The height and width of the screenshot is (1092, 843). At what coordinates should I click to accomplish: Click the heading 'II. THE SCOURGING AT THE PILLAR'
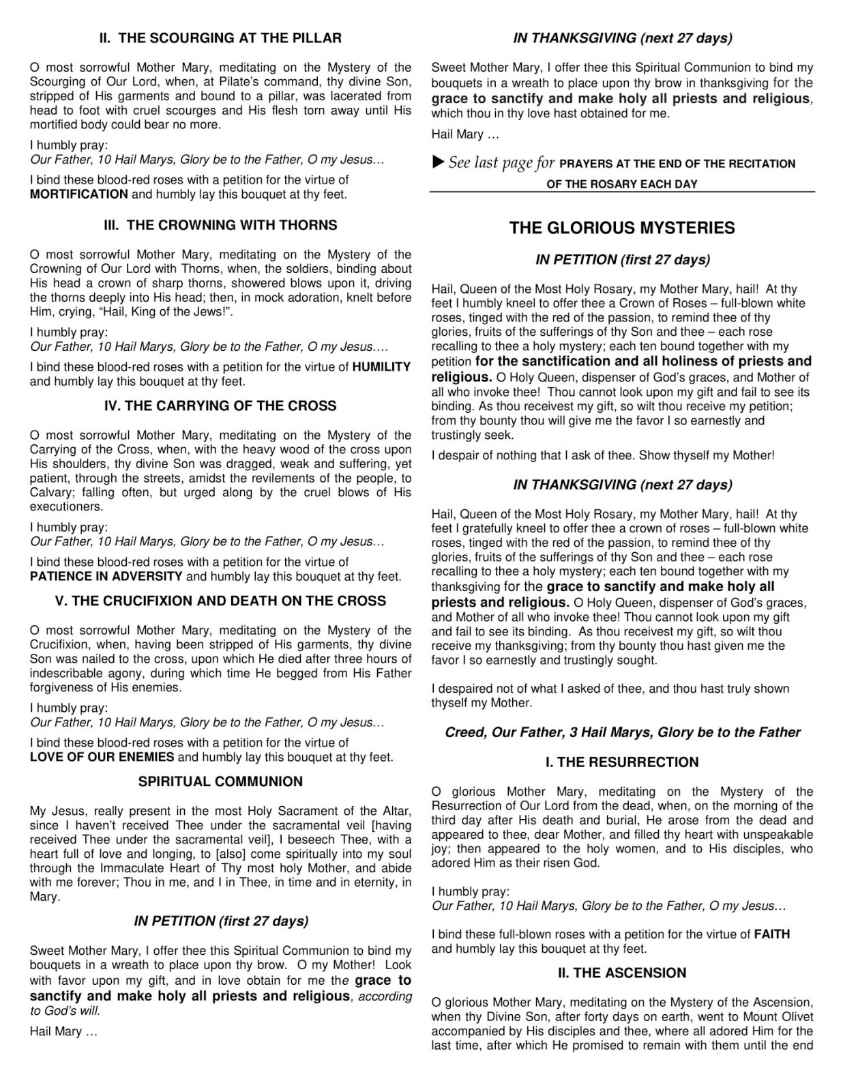(x=220, y=38)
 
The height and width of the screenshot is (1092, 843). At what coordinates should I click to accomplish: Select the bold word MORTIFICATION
(x=78, y=195)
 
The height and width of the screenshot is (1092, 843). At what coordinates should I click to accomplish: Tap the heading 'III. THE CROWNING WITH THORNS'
(x=220, y=225)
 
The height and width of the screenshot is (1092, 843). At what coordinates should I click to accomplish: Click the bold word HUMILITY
(x=381, y=367)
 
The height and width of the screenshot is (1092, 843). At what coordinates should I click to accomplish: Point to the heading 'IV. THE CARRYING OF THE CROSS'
(x=220, y=406)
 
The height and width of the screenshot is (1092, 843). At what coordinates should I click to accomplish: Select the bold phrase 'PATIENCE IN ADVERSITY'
(x=106, y=577)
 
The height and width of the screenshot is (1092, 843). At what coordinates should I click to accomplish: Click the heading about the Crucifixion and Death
(x=220, y=601)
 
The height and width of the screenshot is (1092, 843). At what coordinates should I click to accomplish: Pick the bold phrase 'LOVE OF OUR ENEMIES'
(x=102, y=758)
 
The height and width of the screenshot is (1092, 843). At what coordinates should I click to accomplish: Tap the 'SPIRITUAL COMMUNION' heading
(x=220, y=782)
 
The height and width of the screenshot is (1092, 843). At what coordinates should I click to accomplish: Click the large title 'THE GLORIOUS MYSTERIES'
(x=622, y=228)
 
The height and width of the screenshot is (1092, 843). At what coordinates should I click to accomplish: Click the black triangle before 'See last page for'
(x=439, y=162)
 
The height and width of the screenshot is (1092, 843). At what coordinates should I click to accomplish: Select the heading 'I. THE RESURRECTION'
(x=622, y=763)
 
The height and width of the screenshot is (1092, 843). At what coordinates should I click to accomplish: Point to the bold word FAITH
(x=771, y=934)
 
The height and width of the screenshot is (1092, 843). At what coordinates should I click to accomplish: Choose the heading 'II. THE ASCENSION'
(x=622, y=973)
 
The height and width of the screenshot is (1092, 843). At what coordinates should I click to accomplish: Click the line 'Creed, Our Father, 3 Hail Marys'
(x=622, y=733)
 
